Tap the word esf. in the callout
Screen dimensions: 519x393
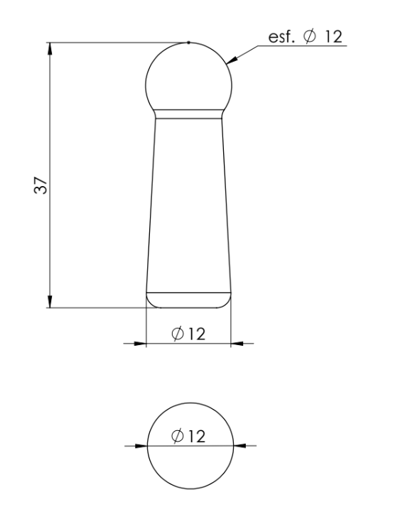click(279, 37)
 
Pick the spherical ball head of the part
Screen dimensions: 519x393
click(188, 77)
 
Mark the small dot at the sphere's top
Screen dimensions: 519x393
click(188, 43)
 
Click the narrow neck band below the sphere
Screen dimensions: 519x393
click(188, 112)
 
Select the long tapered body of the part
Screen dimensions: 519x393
click(188, 202)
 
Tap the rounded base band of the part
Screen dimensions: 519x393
click(188, 299)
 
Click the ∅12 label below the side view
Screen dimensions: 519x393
click(189, 333)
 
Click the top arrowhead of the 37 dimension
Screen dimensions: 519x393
click(50, 48)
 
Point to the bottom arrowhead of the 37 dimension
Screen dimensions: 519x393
click(50, 302)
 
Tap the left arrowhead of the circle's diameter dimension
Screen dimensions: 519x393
click(140, 446)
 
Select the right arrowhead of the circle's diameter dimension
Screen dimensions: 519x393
click(238, 446)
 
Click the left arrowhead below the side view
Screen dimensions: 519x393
click(140, 344)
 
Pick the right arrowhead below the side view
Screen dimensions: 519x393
click(238, 344)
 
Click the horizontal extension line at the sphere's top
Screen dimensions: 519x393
click(114, 43)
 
